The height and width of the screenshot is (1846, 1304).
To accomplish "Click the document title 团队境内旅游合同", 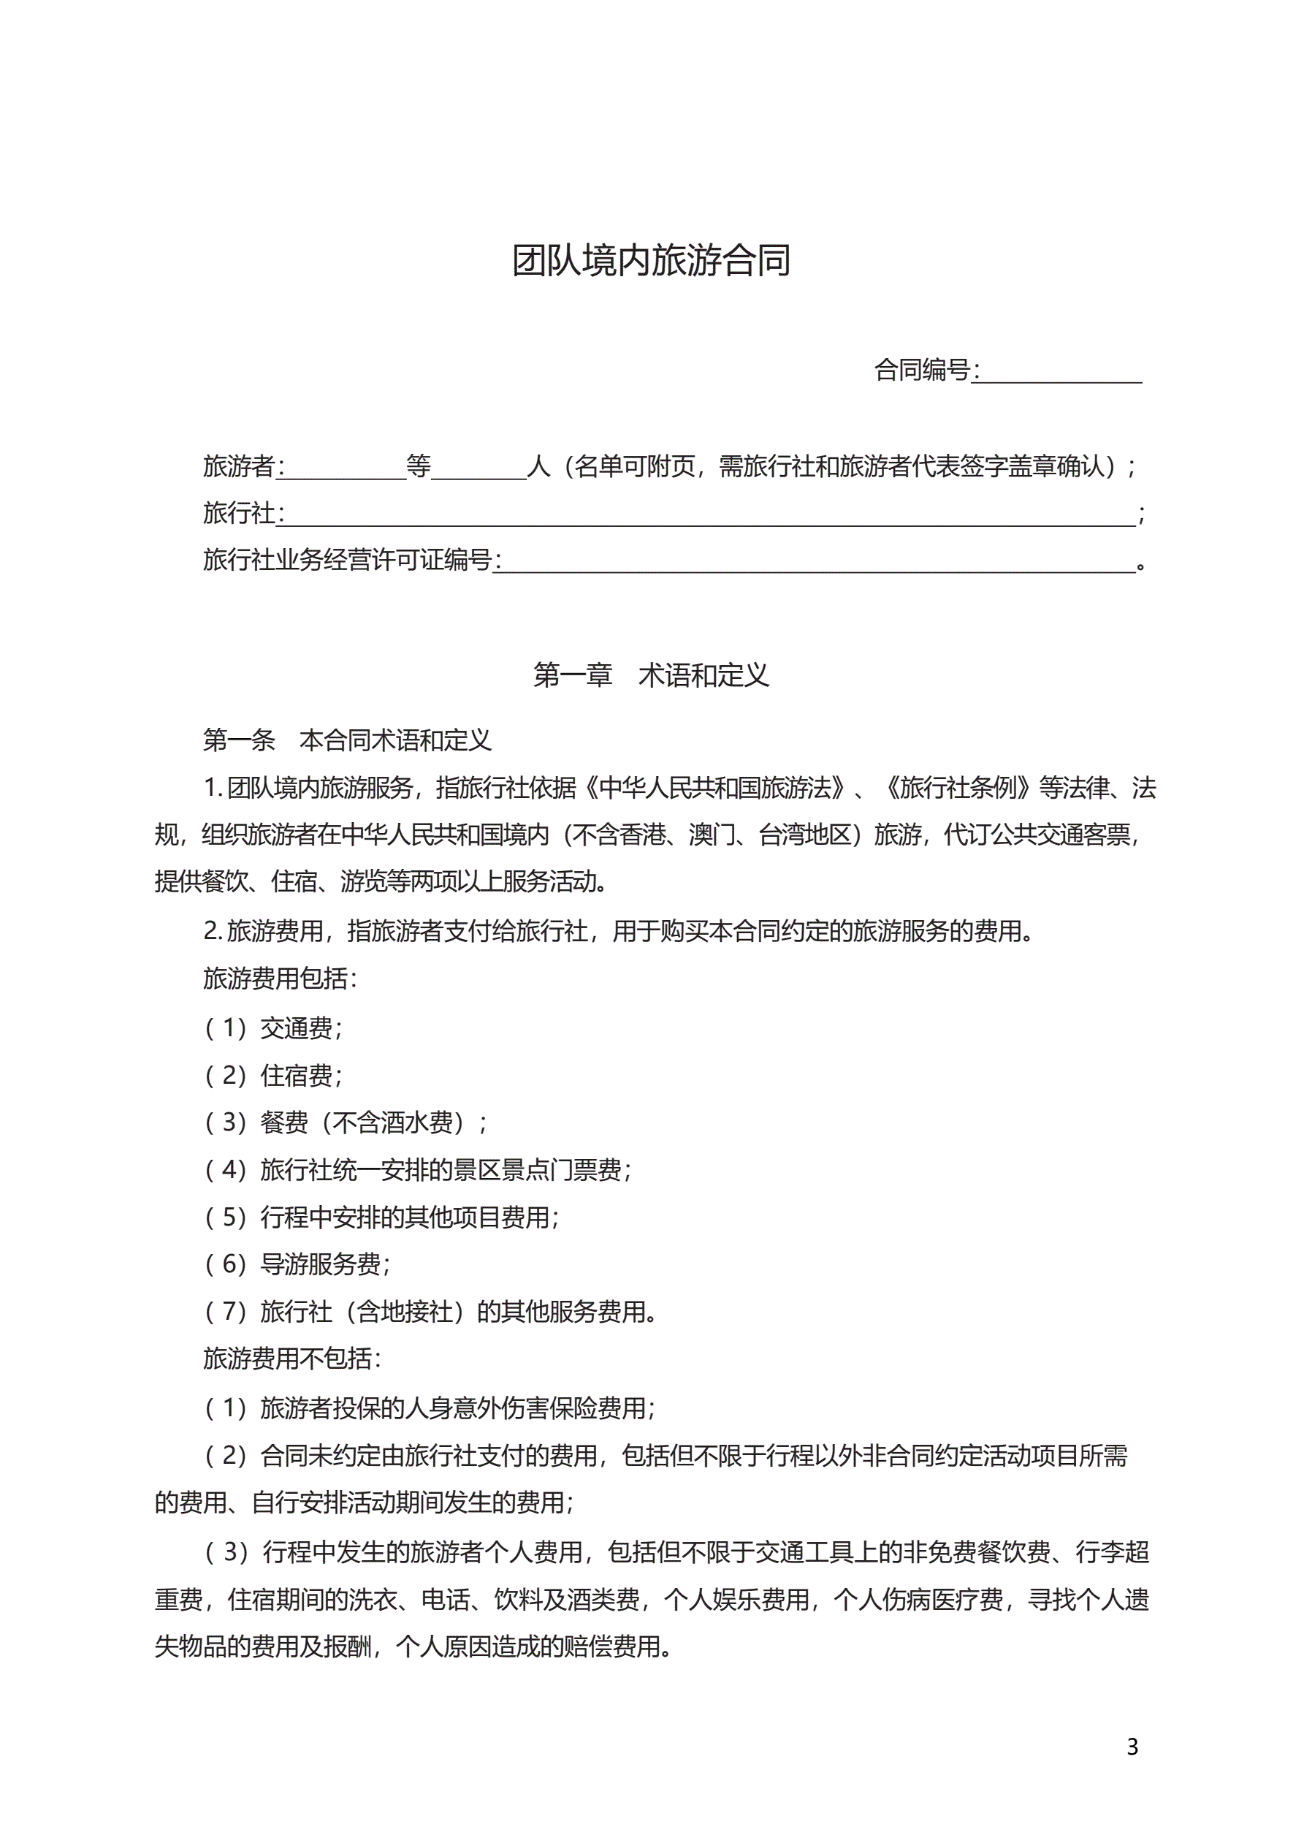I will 651,260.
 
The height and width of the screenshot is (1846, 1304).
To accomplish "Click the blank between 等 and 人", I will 479,468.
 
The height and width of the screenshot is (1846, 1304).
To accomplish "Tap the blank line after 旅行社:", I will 707,514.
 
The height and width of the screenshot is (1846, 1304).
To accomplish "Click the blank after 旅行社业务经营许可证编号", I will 816,561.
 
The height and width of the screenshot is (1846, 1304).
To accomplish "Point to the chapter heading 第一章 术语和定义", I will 651,675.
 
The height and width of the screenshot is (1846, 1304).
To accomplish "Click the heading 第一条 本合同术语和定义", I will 346,740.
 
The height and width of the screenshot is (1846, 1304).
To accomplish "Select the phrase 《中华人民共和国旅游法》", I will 712,788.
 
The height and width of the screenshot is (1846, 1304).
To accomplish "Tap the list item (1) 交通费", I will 273,1028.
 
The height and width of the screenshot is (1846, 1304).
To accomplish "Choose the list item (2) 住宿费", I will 273,1075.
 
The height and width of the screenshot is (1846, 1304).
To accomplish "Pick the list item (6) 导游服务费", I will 297,1264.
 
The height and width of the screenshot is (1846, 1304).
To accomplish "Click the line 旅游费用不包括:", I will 291,1359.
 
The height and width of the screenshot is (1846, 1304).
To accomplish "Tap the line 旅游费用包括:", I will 280,979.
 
